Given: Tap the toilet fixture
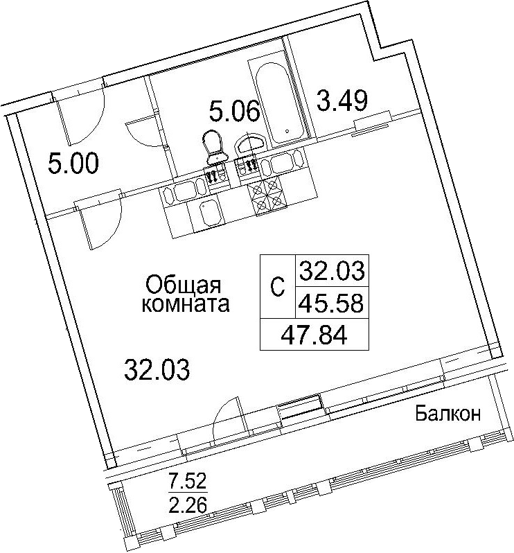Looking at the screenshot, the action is click(214, 147).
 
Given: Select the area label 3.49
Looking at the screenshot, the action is click(342, 100).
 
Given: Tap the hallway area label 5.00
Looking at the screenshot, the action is click(73, 164).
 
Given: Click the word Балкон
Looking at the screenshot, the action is click(447, 413).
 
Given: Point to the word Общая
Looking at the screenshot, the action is click(183, 285).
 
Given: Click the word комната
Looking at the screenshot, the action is click(186, 304).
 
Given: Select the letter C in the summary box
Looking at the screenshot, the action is click(278, 286).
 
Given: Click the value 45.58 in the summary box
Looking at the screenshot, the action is click(330, 304).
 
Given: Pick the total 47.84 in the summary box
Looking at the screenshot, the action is click(314, 335).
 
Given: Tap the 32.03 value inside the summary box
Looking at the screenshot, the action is click(332, 271).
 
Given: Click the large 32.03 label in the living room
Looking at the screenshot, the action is click(157, 369).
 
